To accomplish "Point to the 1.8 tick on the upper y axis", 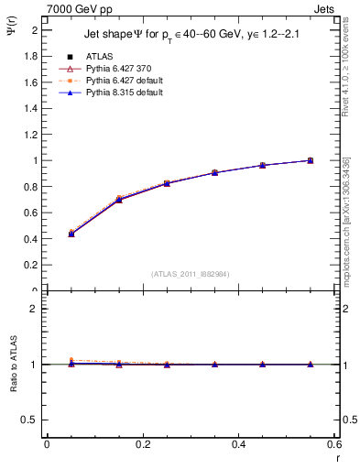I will (35, 56).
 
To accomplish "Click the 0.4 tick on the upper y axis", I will (35, 239).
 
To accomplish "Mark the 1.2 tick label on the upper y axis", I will (35, 135).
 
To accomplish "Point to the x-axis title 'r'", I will (336, 458).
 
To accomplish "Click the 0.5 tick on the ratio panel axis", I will (33, 420).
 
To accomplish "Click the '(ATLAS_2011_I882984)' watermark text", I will (191, 274).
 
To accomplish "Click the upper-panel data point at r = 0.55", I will (311, 160).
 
